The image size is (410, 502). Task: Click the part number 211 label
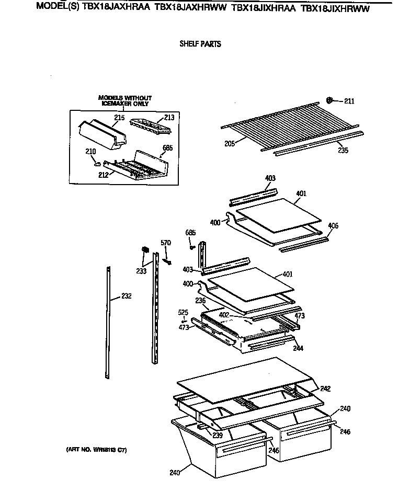[349, 101]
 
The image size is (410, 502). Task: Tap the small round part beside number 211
[330, 100]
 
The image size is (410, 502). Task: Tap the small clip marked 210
[96, 164]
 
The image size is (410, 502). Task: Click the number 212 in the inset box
[103, 175]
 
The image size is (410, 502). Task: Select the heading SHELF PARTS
[200, 44]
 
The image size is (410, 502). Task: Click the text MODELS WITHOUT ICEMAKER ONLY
[125, 101]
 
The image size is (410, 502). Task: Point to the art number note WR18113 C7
[97, 449]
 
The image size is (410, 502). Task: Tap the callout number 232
[126, 296]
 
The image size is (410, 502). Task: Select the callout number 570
[166, 242]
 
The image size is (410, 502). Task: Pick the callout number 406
[333, 226]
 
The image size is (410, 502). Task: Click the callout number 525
[183, 312]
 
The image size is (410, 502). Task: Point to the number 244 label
[298, 348]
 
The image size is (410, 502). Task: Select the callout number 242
[325, 389]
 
